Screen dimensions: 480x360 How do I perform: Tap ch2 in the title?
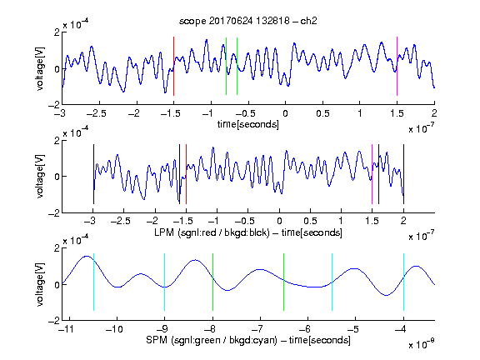point(309,21)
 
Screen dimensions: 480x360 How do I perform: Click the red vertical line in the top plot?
point(173,66)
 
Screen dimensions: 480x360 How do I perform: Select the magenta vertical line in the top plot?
point(397,66)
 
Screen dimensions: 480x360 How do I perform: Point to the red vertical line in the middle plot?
point(186,174)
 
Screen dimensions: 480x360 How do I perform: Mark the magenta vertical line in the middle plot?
point(372,174)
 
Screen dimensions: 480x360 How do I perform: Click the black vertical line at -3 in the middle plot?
point(93,174)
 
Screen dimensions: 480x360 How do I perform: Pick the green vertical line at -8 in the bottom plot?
point(212,282)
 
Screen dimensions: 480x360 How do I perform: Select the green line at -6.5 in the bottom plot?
point(284,282)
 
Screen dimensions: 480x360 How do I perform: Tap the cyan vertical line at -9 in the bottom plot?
point(165,282)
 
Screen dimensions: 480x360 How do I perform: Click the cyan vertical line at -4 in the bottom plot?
point(404,282)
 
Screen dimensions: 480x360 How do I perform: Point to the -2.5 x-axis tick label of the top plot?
point(97,113)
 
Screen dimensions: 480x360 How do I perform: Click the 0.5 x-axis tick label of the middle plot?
point(310,222)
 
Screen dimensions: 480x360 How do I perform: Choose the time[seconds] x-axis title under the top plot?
point(248,124)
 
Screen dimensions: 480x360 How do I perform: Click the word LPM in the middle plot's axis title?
point(164,232)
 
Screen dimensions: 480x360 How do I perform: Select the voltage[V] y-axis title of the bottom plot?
point(40,284)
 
